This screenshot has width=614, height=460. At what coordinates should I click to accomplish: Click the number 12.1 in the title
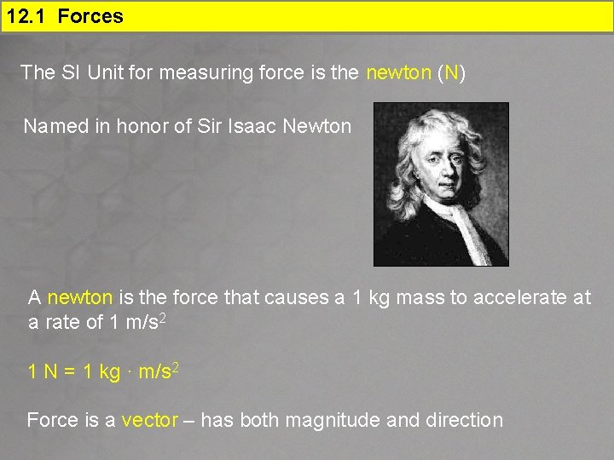point(25,16)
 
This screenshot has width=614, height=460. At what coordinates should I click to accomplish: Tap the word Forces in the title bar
point(90,16)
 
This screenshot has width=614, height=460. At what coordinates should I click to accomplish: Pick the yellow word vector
point(150,420)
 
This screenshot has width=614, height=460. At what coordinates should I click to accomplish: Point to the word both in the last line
point(260,420)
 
